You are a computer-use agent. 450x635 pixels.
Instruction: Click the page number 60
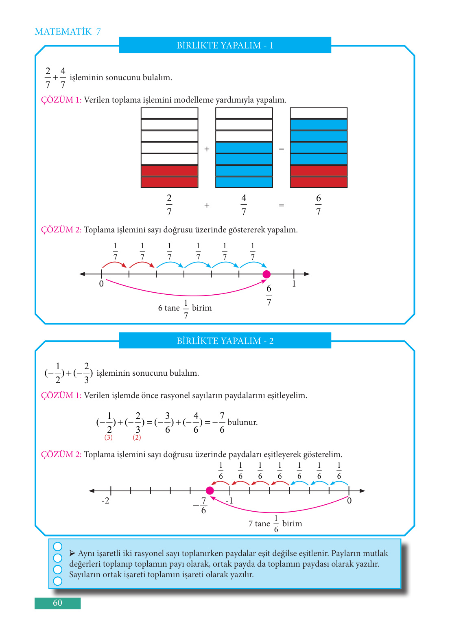click(57, 603)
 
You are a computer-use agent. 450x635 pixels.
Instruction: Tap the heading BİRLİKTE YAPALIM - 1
click(225, 45)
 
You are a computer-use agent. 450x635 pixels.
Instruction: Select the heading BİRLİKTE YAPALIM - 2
click(225, 341)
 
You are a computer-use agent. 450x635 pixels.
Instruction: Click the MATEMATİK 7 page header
click(68, 32)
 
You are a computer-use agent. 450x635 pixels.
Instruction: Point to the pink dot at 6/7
click(267, 274)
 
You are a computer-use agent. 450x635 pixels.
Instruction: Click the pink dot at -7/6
click(210, 490)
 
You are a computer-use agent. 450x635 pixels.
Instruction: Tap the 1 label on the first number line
click(294, 284)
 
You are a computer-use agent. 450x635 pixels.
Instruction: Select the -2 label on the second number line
click(105, 501)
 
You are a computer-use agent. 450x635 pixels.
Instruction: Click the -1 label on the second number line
click(229, 501)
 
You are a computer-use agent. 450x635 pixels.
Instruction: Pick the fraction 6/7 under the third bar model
click(318, 205)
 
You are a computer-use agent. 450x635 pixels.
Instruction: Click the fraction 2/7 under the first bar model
click(169, 205)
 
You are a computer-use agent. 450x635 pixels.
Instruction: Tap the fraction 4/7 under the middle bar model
click(244, 205)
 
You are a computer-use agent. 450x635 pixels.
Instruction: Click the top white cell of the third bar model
click(319, 113)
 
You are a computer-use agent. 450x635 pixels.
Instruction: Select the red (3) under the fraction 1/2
click(108, 438)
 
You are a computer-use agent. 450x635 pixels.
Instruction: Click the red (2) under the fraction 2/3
click(137, 438)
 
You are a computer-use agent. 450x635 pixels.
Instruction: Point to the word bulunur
click(242, 422)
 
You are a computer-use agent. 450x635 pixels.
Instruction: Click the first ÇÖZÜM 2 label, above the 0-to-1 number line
click(61, 230)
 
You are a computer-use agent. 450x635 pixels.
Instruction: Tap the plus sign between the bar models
click(207, 149)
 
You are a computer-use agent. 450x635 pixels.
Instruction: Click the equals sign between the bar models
click(281, 149)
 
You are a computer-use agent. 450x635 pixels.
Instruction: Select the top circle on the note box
click(58, 546)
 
